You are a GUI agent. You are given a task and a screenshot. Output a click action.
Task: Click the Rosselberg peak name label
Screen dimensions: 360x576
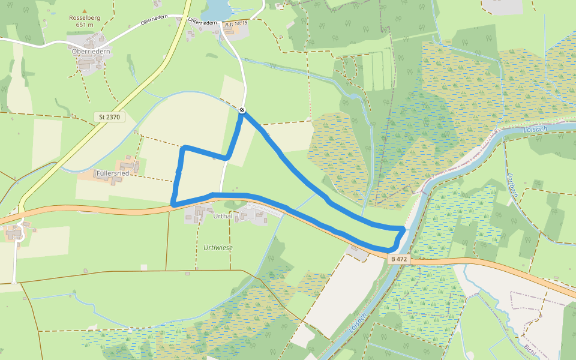pos(84,18)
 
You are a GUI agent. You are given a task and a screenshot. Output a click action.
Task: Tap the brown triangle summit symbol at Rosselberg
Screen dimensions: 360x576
pos(84,11)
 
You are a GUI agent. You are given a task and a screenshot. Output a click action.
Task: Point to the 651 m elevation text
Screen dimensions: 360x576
pos(84,25)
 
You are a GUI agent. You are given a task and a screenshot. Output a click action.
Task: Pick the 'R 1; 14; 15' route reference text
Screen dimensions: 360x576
pos(236,23)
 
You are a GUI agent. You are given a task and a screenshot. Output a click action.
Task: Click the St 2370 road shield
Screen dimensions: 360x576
pos(109,117)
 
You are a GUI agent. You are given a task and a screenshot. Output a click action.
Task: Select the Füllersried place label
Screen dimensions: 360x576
pos(113,173)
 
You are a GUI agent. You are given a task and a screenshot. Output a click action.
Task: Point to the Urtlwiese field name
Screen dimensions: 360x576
pos(218,247)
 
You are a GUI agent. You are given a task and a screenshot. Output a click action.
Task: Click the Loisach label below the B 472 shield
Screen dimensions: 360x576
pos(358,324)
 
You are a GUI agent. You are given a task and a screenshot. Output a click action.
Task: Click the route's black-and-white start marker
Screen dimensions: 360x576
pos(242,110)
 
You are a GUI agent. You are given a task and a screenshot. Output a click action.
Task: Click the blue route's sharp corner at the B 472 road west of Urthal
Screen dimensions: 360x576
pos(173,205)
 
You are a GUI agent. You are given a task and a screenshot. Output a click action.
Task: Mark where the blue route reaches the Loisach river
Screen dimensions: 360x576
pos(403,230)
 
